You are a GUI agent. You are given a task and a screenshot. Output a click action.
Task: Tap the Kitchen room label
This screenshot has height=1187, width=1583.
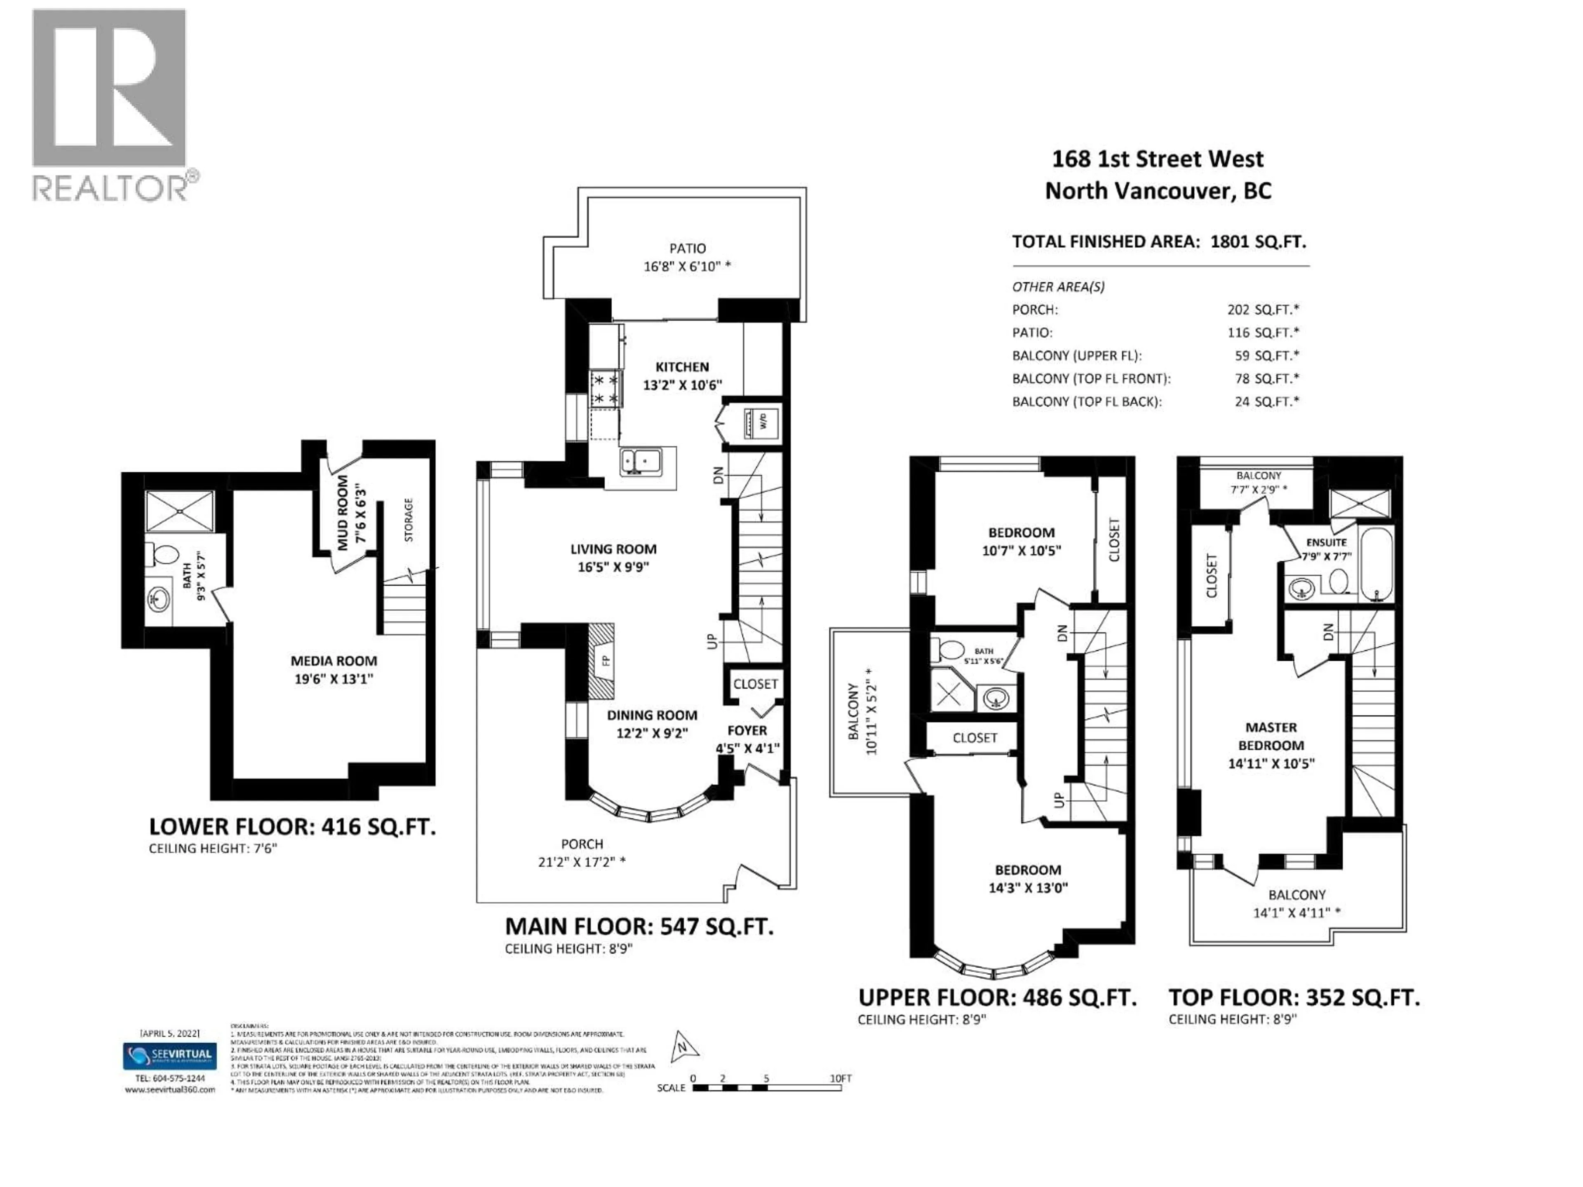[682, 367]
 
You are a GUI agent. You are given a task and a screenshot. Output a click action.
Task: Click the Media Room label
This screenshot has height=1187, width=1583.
[334, 661]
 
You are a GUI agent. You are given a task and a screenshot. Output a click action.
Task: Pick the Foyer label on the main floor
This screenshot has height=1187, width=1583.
[747, 730]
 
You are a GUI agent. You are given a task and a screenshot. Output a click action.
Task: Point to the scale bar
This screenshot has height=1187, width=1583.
[766, 1088]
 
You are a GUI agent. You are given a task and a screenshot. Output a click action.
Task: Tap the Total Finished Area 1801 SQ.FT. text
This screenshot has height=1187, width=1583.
[1159, 242]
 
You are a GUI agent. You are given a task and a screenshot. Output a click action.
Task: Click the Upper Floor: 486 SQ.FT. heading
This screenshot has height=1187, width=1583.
[997, 997]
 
